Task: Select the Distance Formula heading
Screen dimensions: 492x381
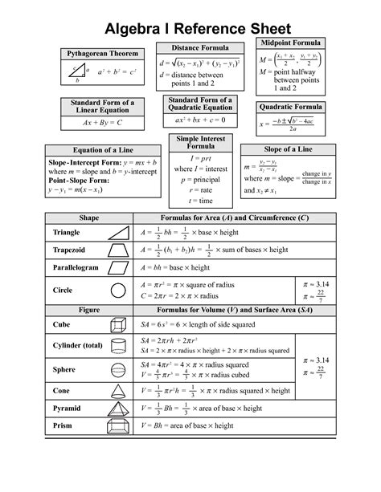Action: [x=201, y=48]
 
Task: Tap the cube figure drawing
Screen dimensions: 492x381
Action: [x=117, y=324]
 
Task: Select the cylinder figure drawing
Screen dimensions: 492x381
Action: [x=117, y=346]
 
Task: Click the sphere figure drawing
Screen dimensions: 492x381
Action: [x=117, y=369]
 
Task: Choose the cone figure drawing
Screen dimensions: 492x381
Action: [x=117, y=390]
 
